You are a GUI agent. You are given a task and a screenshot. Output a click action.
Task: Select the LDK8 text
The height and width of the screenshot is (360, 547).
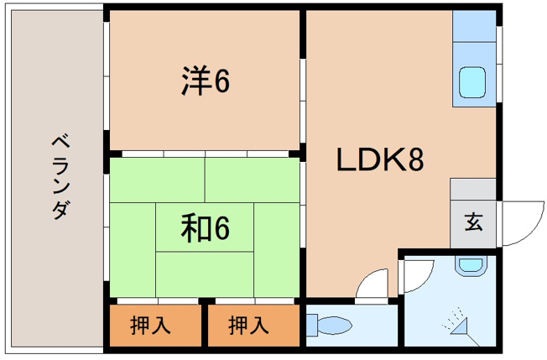[x=378, y=159]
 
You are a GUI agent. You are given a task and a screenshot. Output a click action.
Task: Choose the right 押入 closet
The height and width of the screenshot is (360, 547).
[x=251, y=324]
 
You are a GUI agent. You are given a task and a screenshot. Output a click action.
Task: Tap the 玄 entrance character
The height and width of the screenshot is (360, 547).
[x=473, y=223]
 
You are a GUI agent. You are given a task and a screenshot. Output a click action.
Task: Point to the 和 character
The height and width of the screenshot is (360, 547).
[x=193, y=227]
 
